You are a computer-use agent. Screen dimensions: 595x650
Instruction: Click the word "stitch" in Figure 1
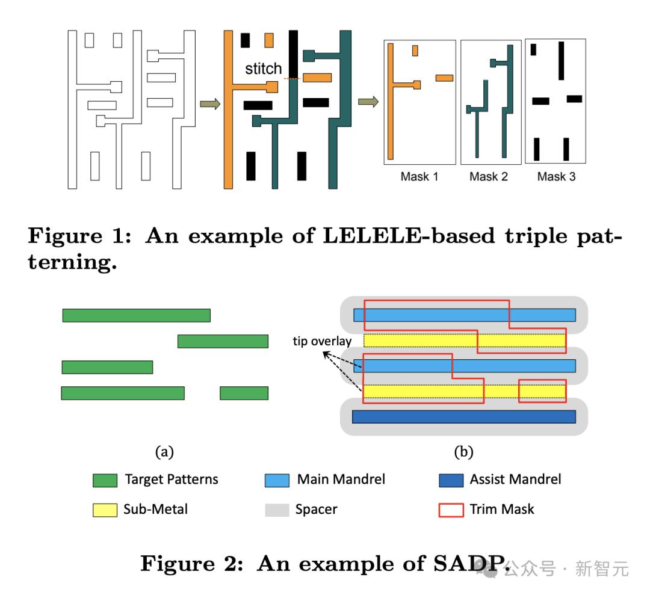264,69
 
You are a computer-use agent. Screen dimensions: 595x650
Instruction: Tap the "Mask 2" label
489,177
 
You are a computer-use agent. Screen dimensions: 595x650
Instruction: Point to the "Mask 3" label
556,177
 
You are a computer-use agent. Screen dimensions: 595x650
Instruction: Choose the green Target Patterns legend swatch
105,480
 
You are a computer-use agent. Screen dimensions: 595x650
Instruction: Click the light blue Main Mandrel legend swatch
277,480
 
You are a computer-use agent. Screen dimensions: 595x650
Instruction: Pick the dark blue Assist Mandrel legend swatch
451,480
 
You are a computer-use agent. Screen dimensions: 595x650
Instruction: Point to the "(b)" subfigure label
463,452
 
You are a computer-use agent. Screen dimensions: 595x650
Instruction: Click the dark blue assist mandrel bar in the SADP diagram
463,416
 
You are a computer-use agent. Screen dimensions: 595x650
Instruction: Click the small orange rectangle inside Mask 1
415,51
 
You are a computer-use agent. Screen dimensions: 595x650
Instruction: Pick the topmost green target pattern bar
136,315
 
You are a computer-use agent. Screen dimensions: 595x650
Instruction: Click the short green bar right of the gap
244,393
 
